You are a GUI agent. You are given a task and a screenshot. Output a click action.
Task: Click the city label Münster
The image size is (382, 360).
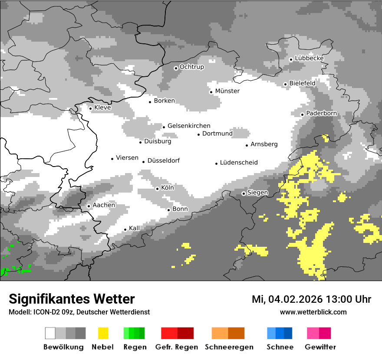click(x=227, y=91)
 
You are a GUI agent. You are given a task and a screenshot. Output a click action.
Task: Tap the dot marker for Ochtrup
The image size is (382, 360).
click(x=176, y=68)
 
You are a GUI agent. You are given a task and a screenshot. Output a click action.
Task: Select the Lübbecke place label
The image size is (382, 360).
click(x=309, y=58)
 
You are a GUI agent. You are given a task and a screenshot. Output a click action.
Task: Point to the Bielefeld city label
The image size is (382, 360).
click(x=302, y=83)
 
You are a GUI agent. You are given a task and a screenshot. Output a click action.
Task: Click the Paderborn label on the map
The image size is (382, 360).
click(x=321, y=113)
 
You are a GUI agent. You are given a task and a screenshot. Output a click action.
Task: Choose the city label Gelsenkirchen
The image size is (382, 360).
click(x=189, y=126)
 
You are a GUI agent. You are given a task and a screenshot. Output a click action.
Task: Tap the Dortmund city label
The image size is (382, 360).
click(x=217, y=134)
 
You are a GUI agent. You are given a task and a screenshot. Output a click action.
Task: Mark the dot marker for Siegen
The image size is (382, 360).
click(x=244, y=193)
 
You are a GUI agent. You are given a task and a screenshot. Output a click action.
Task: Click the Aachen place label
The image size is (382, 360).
click(x=104, y=205)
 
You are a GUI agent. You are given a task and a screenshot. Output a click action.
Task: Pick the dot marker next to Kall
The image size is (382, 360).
click(x=125, y=229)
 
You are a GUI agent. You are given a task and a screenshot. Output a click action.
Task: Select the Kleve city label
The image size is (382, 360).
click(x=102, y=108)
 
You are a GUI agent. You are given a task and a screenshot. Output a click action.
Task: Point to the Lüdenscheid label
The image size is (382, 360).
click(x=239, y=163)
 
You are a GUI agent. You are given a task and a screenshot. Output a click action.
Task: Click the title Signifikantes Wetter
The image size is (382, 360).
click(x=72, y=299)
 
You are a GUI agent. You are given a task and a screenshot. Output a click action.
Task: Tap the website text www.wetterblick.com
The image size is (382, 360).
click(x=313, y=312)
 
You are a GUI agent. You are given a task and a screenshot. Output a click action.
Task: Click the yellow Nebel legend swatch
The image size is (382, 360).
click(x=103, y=333)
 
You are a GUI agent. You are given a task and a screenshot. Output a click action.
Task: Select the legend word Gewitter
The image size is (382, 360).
click(x=320, y=347)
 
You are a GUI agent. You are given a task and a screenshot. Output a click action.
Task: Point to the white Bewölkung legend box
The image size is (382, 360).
click(x=50, y=333)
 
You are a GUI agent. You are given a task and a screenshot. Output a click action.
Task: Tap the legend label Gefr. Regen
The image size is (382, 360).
click(x=177, y=347)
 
